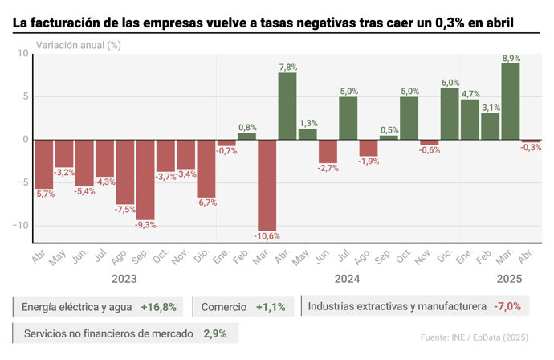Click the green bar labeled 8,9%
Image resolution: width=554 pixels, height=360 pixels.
click(x=511, y=101)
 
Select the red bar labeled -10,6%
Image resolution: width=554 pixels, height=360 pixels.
click(x=267, y=185)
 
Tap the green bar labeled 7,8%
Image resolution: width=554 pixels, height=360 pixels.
click(x=287, y=106)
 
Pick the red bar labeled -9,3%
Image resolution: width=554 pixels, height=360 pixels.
click(x=145, y=179)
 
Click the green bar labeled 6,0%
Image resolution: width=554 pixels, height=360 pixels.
click(x=450, y=113)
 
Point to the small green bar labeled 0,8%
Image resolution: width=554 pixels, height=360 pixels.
click(x=246, y=136)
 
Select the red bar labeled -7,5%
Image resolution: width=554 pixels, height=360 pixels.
click(x=125, y=172)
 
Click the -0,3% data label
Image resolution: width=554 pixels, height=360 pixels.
click(x=532, y=148)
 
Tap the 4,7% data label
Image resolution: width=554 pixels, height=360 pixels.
click(x=470, y=94)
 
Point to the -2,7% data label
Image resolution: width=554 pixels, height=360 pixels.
click(x=328, y=168)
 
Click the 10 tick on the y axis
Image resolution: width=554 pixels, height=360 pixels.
click(x=22, y=54)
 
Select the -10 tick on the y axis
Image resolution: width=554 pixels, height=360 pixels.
click(x=19, y=226)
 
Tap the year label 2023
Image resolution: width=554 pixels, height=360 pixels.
click(x=123, y=279)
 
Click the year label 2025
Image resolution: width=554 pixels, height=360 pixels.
click(x=509, y=279)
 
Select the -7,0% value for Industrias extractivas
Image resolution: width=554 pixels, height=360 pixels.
click(x=507, y=306)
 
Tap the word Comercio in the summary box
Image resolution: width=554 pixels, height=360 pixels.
click(x=224, y=307)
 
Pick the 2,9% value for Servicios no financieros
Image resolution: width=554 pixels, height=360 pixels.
click(x=216, y=333)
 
